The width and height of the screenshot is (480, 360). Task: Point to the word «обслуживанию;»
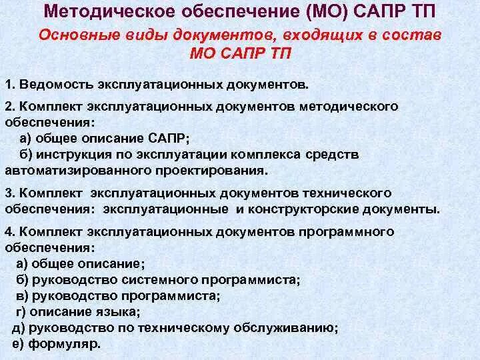tap(292, 327)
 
